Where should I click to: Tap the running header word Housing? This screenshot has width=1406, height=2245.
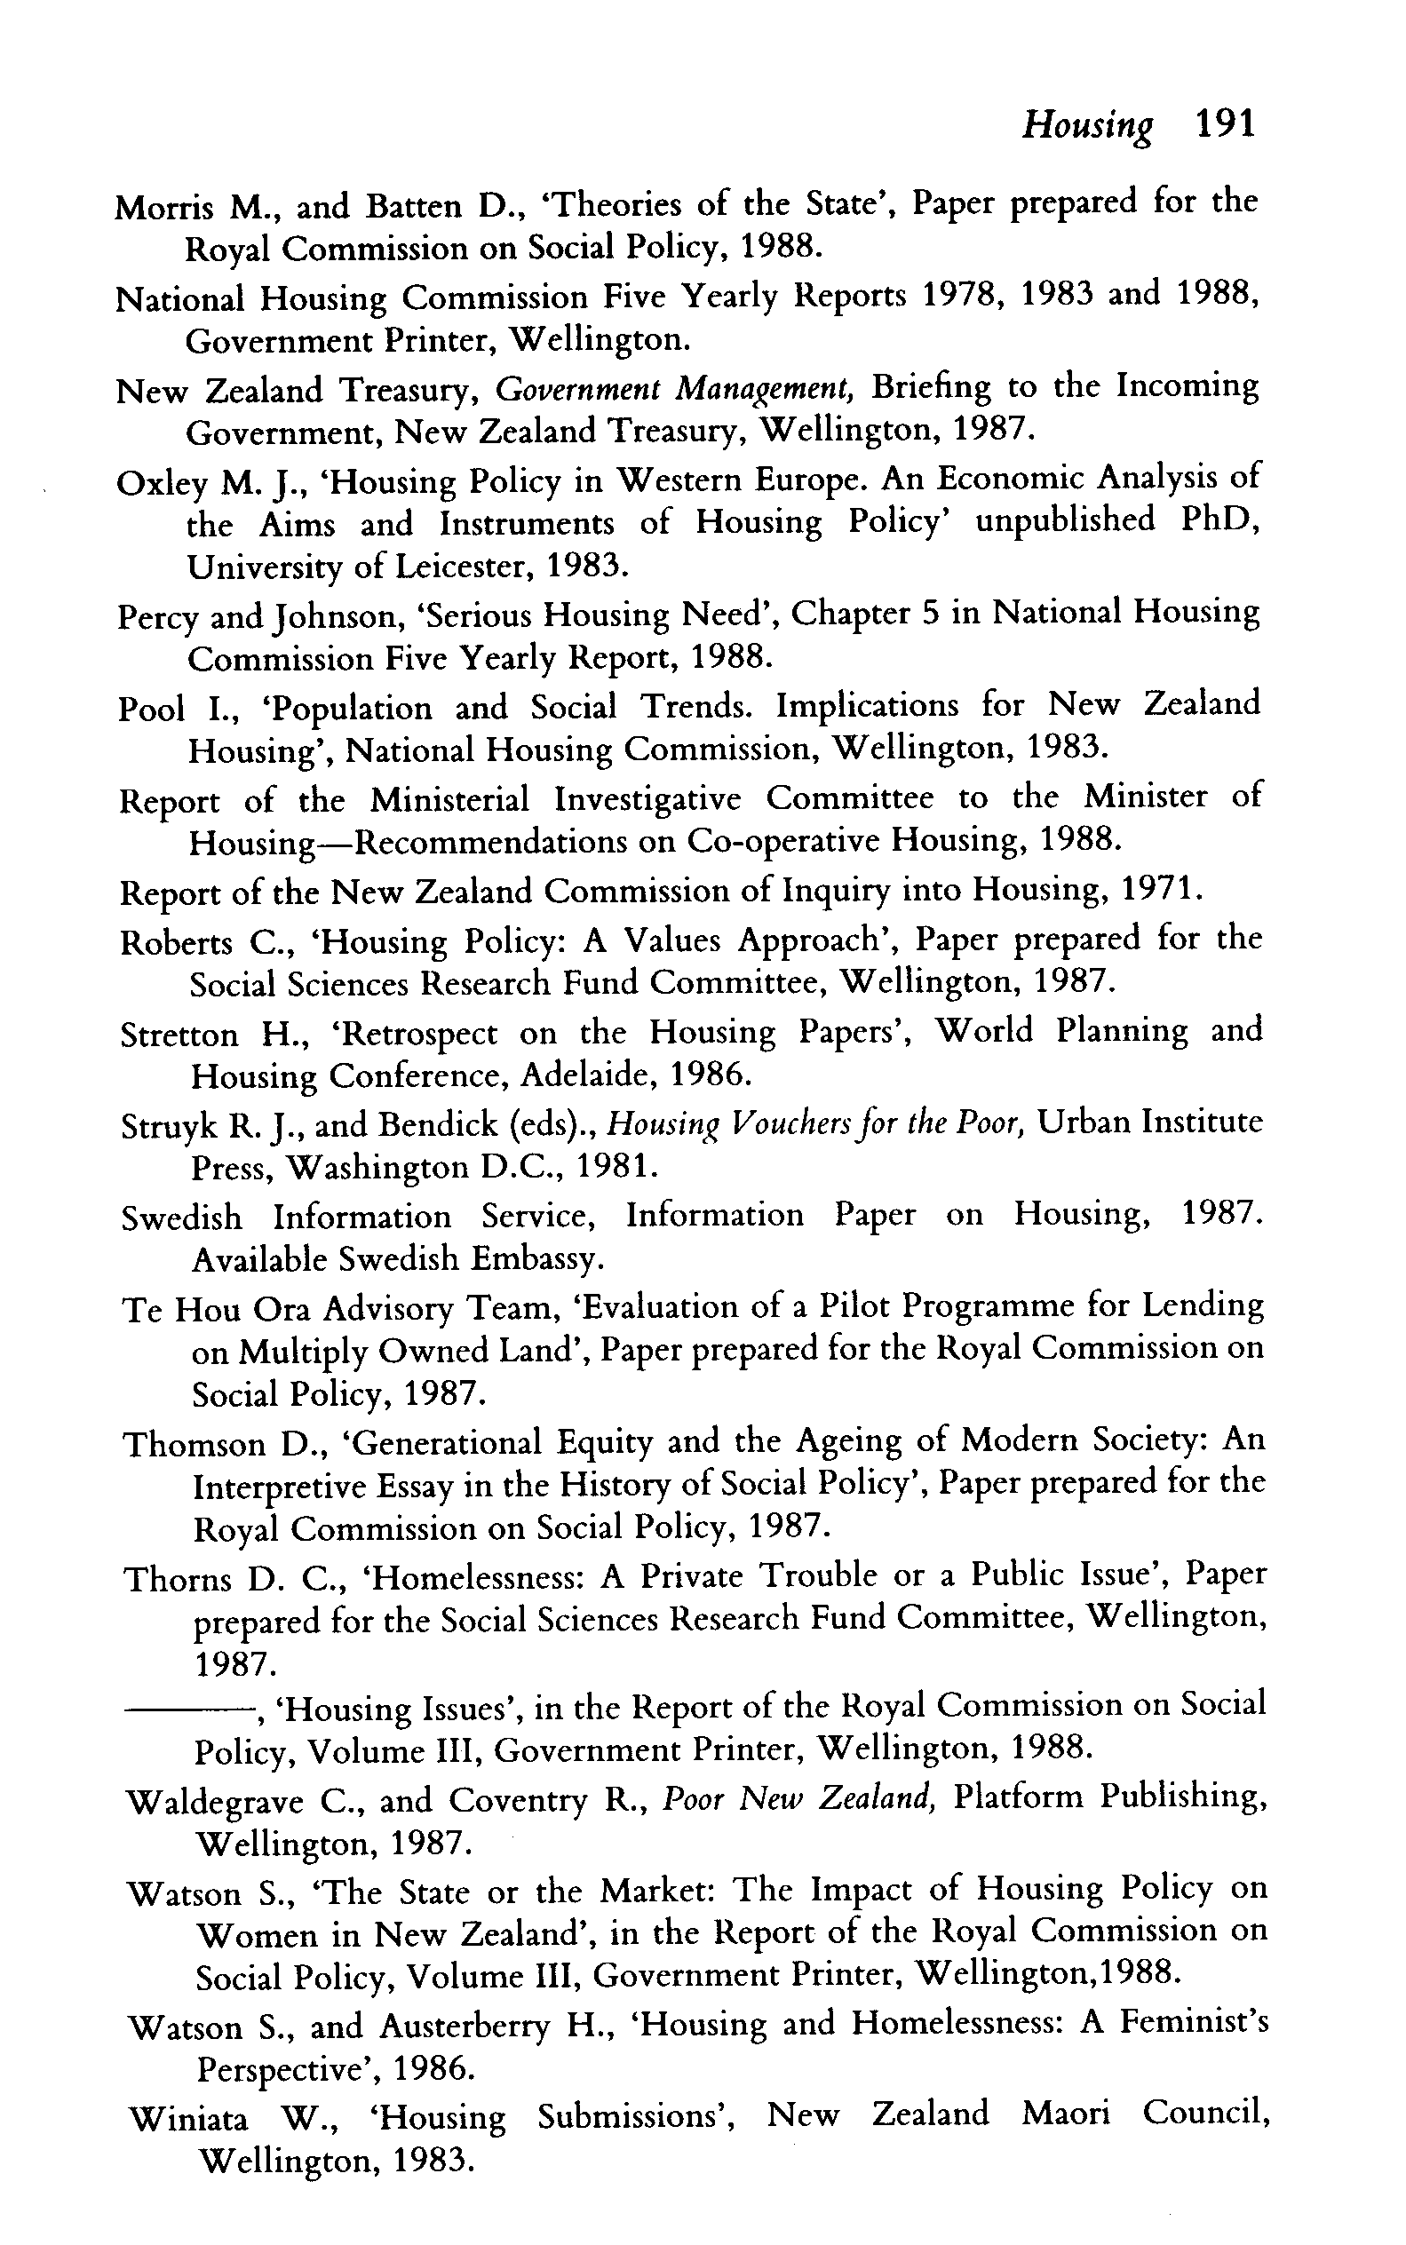click(1087, 125)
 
